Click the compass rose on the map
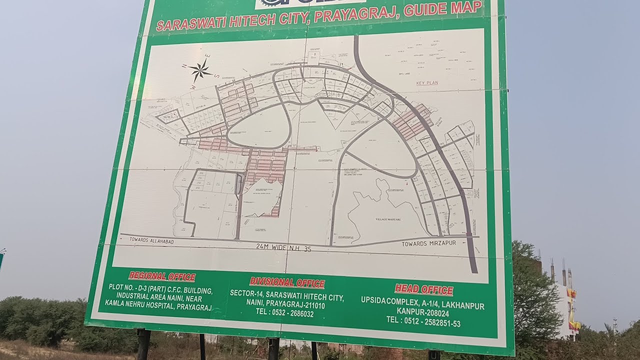click(200, 70)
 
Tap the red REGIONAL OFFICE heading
click(162, 276)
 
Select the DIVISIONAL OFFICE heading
click(287, 282)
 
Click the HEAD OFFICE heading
click(423, 289)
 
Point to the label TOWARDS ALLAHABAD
click(151, 240)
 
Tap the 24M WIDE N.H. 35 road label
click(283, 247)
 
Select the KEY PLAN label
click(427, 82)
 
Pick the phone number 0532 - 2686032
click(284, 313)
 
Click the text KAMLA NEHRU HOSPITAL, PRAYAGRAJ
click(157, 306)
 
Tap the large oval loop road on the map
click(258, 128)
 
